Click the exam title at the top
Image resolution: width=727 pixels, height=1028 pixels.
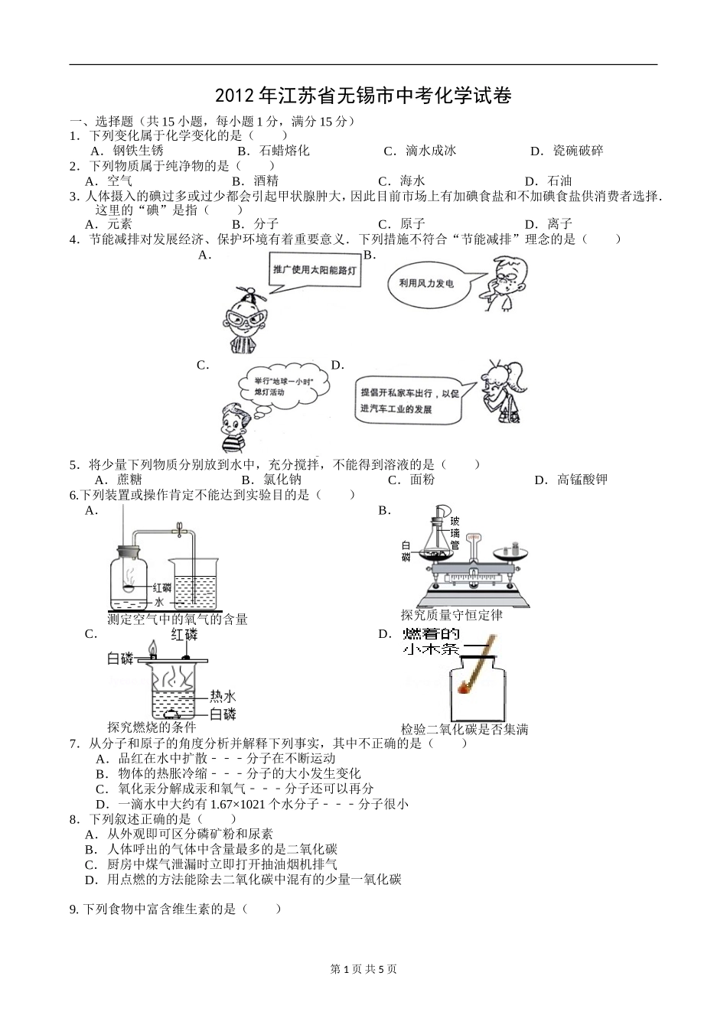363,96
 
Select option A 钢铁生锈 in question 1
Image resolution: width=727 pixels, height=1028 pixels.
127,151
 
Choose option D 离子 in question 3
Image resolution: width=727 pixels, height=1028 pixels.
549,224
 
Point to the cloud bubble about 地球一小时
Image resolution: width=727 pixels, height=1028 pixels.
285,387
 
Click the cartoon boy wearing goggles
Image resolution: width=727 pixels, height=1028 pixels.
245,320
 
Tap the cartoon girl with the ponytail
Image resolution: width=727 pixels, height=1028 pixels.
502,392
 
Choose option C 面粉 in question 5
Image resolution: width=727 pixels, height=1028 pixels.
411,480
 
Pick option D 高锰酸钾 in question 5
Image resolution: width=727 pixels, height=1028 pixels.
571,480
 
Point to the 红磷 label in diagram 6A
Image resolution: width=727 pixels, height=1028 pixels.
162,588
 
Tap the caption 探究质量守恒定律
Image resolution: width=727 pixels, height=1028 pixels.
452,616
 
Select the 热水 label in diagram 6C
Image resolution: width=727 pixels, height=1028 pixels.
223,697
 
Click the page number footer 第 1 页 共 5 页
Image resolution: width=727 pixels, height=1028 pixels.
363,969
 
